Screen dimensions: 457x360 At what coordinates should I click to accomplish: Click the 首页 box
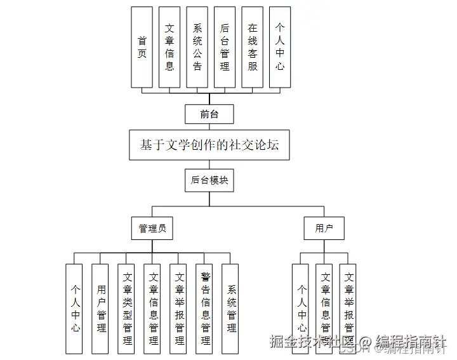(x=142, y=48)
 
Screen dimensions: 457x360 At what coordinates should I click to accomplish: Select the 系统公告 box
(x=197, y=48)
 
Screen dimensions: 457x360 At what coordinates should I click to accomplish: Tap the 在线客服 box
(x=253, y=48)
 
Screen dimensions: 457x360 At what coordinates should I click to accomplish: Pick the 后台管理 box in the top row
(x=225, y=48)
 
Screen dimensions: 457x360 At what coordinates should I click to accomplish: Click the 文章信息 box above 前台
(x=169, y=48)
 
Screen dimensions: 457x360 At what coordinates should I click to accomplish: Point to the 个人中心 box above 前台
(x=280, y=48)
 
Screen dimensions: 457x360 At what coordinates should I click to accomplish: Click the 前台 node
(x=208, y=114)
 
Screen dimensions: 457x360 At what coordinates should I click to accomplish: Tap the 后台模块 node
(x=209, y=180)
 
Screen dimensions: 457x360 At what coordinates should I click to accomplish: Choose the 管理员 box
(x=152, y=229)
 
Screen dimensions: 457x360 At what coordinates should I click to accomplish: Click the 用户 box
(x=324, y=229)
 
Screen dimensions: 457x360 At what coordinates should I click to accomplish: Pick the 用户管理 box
(x=102, y=309)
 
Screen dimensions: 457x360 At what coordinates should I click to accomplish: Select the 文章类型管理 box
(x=128, y=309)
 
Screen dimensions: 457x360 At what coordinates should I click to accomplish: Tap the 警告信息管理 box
(x=205, y=309)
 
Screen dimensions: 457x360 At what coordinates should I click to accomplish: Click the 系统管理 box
(x=230, y=309)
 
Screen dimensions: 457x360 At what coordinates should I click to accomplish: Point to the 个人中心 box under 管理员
(x=76, y=309)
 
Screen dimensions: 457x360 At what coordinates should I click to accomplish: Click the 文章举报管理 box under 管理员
(x=179, y=309)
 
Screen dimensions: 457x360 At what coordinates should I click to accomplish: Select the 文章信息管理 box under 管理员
(x=153, y=309)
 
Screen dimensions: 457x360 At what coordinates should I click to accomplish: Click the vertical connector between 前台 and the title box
(x=208, y=127)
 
